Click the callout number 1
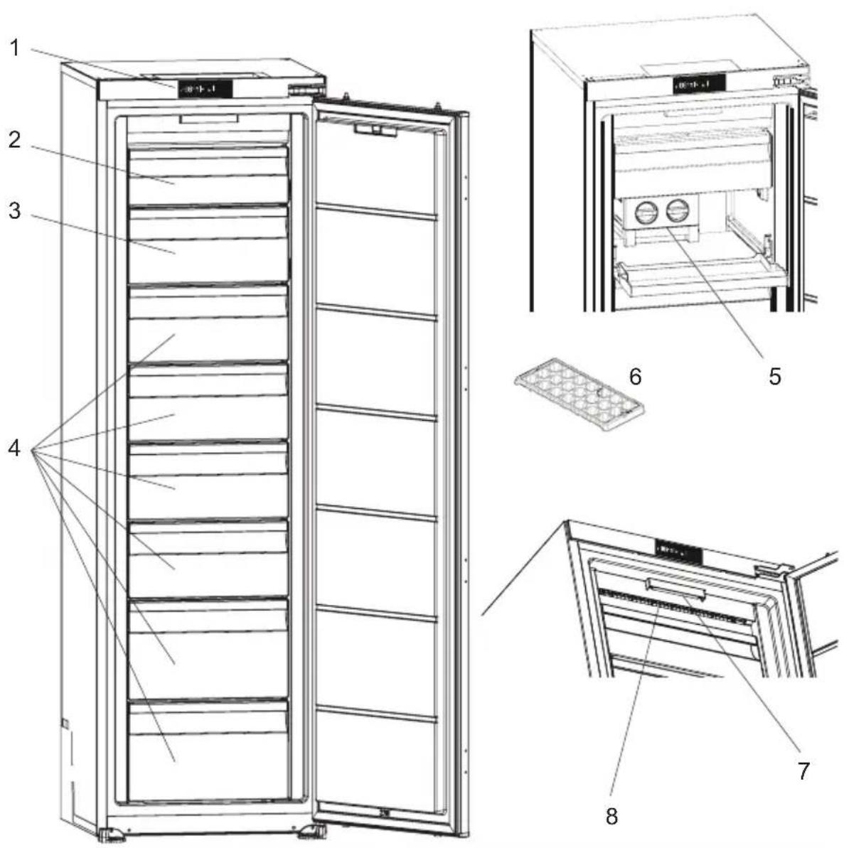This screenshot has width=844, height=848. point(15,48)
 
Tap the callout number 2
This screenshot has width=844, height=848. point(15,139)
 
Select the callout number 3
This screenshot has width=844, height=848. point(15,210)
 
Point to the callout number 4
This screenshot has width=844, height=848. point(15,448)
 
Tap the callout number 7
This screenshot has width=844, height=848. point(803,771)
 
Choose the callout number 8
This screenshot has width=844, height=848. point(611,816)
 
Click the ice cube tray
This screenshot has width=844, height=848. point(579,395)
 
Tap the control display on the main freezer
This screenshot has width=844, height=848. point(205,90)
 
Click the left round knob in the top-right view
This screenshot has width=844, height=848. point(644,211)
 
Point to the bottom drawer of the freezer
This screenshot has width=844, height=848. point(208,749)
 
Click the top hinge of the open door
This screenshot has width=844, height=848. point(306,89)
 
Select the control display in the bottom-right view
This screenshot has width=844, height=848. point(678,552)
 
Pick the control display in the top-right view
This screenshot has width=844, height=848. point(699,85)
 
